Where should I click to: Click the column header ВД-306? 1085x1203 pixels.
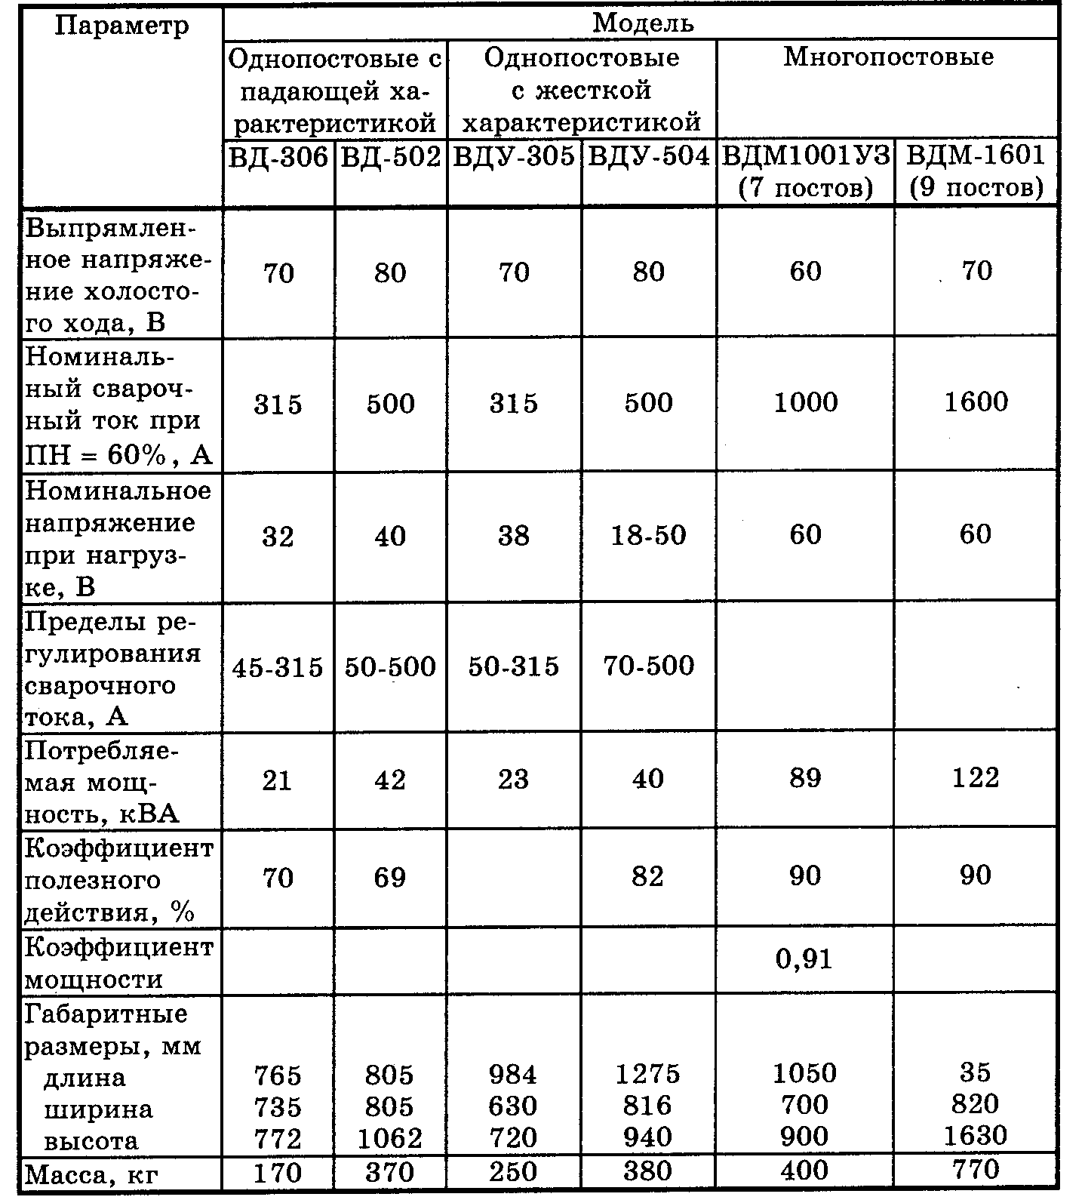[278, 157]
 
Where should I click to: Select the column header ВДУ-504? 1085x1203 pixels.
[648, 157]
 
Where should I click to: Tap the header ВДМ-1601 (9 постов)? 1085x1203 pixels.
[976, 171]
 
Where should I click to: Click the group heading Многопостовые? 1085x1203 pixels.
[888, 57]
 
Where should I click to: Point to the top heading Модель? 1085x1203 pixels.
[642, 23]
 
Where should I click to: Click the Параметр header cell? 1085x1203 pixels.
[121, 26]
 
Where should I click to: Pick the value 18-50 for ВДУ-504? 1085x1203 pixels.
[648, 535]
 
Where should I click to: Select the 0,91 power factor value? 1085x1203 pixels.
[804, 959]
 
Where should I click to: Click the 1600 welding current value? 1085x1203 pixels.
[976, 402]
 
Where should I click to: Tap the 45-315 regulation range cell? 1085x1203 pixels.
[278, 667]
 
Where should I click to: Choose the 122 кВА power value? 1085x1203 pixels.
[976, 778]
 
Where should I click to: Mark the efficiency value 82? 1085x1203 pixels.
[647, 876]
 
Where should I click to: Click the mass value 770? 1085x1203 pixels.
[976, 1170]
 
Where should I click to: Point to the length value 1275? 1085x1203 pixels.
[648, 1073]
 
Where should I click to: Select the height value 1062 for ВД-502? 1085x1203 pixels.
[390, 1138]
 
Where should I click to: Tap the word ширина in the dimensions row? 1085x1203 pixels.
[98, 1109]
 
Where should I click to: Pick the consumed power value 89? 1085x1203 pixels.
[804, 778]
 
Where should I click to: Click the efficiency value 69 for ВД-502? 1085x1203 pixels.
[389, 877]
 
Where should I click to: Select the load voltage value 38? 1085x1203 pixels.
[513, 536]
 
